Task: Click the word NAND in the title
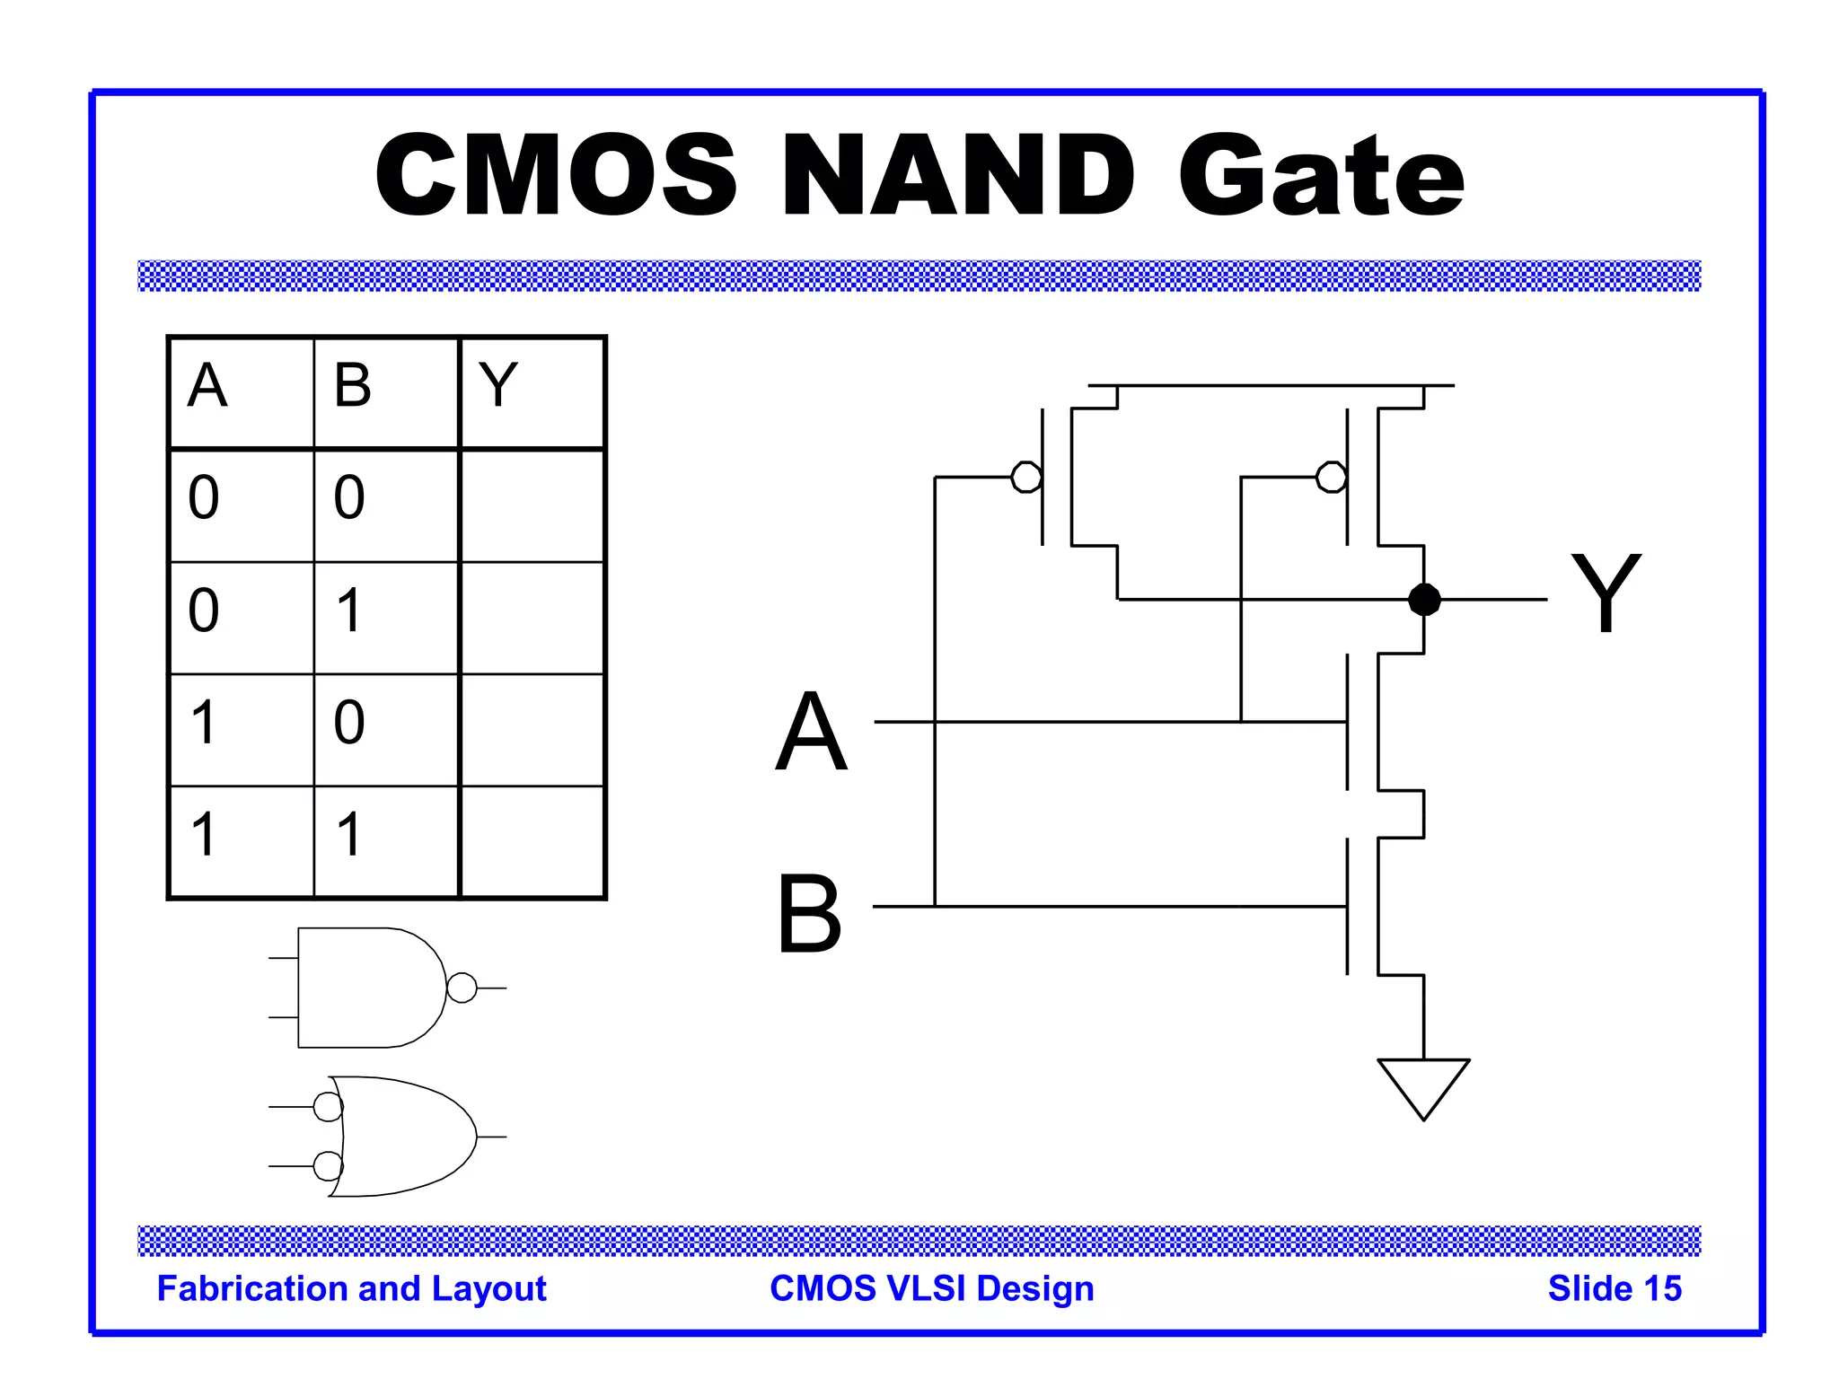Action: click(958, 175)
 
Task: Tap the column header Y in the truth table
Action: click(498, 385)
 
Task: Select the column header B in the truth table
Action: click(352, 385)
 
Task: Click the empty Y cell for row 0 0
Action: click(532, 505)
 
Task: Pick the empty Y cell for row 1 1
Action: click(532, 841)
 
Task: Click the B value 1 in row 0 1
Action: click(349, 610)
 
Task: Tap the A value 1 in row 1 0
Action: click(204, 722)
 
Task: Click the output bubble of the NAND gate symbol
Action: click(462, 988)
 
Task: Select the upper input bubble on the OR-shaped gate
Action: click(328, 1107)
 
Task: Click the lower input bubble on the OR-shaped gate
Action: click(328, 1166)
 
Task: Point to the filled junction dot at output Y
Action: click(1424, 599)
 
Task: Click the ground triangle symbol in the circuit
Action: click(1423, 1085)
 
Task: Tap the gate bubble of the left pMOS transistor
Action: click(1025, 477)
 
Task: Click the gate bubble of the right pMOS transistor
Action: click(1331, 477)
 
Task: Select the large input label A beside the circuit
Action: click(811, 731)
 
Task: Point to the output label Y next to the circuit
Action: click(1606, 593)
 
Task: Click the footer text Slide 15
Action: click(1614, 1288)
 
